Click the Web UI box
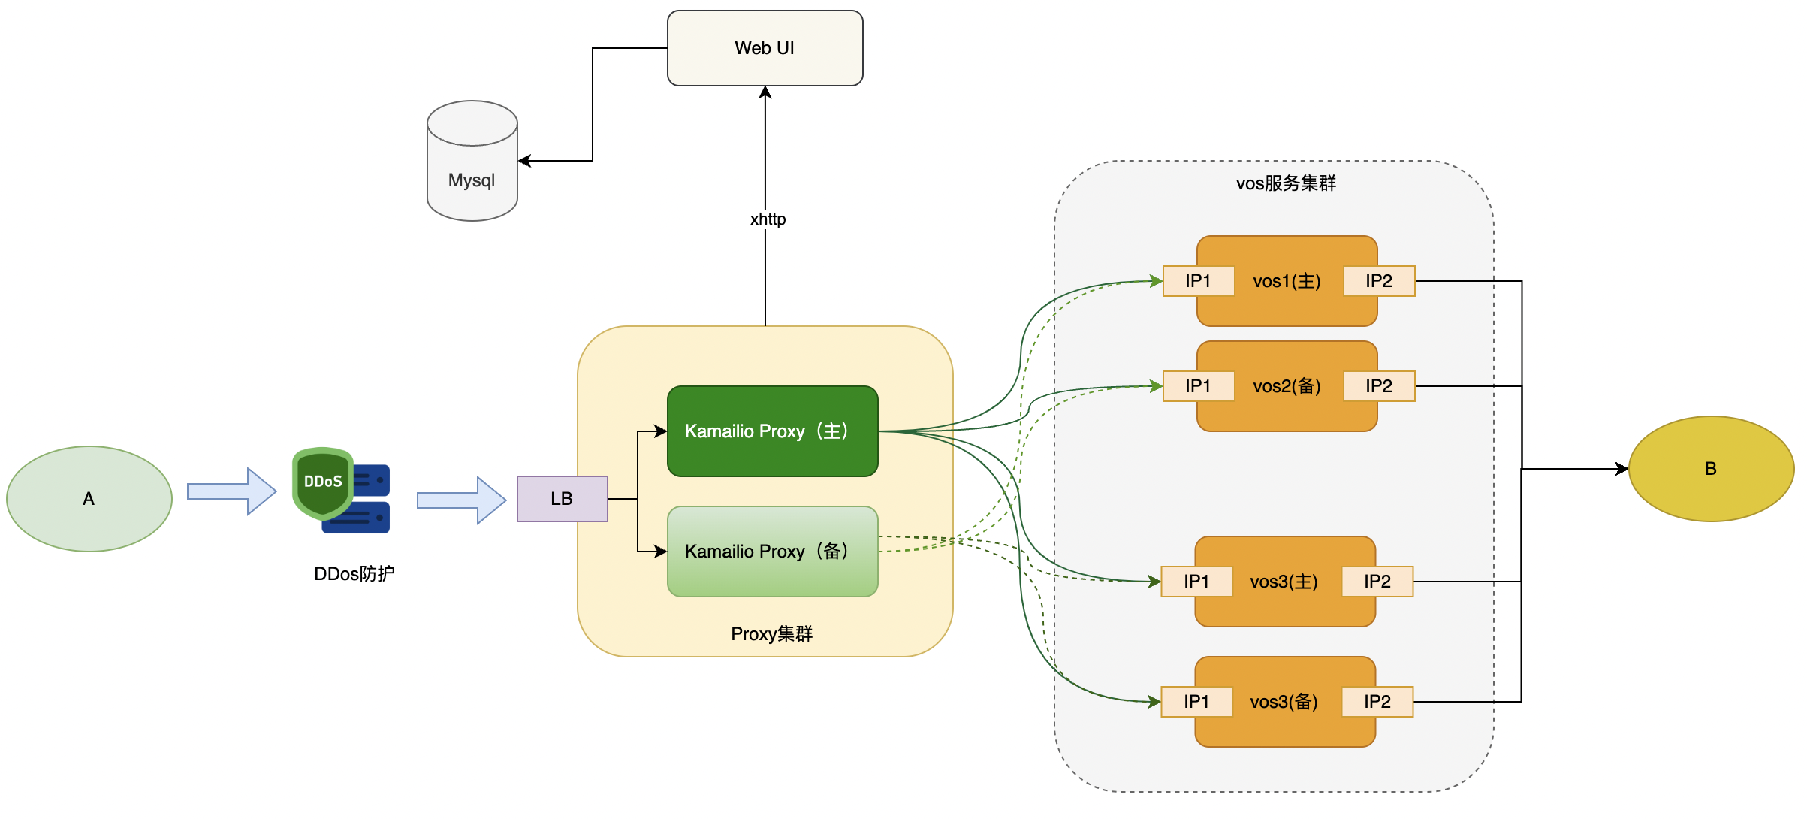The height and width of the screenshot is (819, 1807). point(765,48)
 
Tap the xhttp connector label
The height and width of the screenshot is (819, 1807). point(768,219)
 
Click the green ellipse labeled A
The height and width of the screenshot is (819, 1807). point(89,498)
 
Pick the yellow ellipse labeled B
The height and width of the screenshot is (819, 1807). point(1711,468)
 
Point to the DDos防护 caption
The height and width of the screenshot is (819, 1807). point(354,574)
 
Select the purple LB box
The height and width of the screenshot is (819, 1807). point(562,498)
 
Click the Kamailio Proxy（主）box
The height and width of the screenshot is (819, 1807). point(772,431)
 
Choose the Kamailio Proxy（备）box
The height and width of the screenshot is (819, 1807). point(772,552)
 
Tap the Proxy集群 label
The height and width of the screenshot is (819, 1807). point(771,634)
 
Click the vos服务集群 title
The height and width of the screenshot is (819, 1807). point(1286,183)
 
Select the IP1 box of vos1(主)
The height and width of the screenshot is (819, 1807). point(1198,281)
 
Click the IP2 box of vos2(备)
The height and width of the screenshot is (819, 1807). point(1379,386)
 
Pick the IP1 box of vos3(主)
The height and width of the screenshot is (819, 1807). point(1196,582)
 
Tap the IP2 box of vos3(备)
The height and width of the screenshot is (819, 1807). point(1377,702)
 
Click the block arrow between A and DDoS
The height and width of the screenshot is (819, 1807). point(231,491)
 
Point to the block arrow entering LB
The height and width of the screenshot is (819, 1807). point(461,500)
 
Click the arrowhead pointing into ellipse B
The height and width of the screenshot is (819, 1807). point(1622,469)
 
